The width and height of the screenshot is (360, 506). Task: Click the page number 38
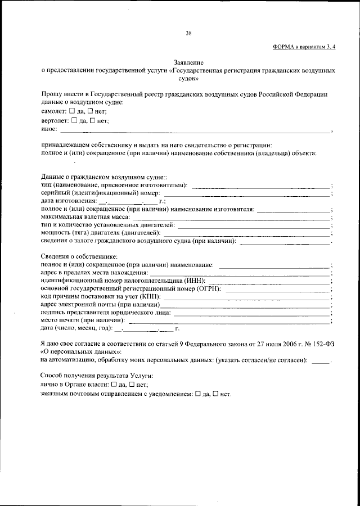(x=189, y=33)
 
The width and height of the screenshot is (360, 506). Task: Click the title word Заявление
(x=188, y=64)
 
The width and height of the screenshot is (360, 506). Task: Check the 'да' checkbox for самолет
(x=71, y=112)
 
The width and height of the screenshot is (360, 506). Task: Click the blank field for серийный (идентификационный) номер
(x=247, y=194)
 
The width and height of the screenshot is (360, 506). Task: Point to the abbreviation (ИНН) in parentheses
(x=193, y=281)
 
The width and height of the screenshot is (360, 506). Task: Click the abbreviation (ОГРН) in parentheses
(x=207, y=289)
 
